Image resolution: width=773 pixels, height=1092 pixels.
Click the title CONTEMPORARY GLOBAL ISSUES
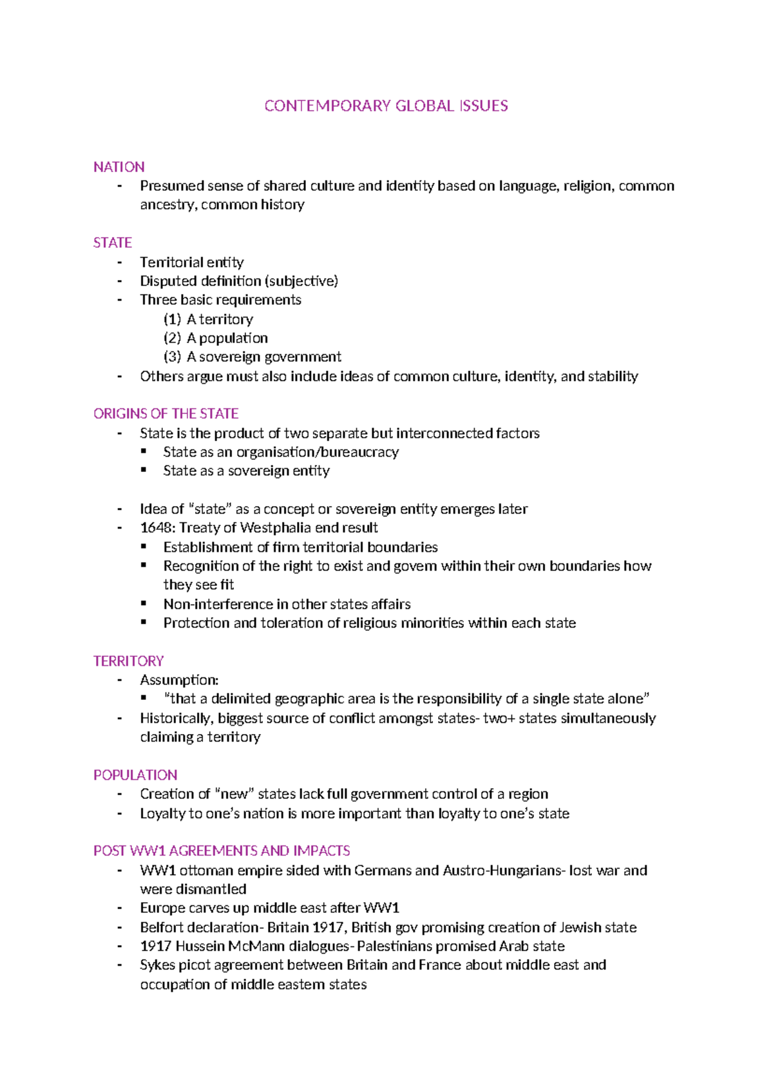[x=386, y=106]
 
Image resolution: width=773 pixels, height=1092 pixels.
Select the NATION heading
[x=119, y=167]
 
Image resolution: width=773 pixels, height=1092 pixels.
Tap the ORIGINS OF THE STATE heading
[x=166, y=413]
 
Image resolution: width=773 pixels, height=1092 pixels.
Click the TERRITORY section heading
[x=128, y=661]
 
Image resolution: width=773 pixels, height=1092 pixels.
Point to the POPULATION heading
[x=135, y=775]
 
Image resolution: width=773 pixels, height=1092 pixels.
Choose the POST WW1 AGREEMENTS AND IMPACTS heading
[x=222, y=851]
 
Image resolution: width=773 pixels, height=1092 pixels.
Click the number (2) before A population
[x=172, y=338]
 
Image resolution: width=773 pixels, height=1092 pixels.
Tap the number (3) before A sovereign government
[x=172, y=357]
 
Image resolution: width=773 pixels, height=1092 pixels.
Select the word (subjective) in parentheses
[x=301, y=281]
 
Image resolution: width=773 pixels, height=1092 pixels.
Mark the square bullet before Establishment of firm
[x=144, y=547]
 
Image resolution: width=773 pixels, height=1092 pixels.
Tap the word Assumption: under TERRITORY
[x=179, y=680]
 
